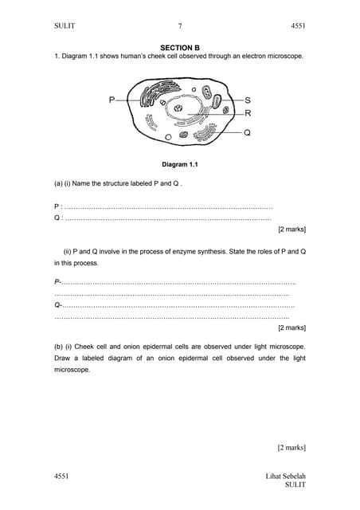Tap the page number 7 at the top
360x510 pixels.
[x=180, y=26]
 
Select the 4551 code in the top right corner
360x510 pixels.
[x=298, y=26]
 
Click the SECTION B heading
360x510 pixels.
[x=180, y=48]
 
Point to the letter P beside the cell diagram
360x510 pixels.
[x=112, y=100]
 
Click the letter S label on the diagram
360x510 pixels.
[x=248, y=100]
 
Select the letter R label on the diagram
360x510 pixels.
[x=248, y=113]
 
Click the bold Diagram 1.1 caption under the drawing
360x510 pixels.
[x=179, y=165]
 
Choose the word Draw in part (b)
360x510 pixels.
[x=63, y=359]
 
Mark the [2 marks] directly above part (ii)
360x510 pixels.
[x=292, y=229]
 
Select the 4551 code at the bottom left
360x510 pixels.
[x=61, y=476]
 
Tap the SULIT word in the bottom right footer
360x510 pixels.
[x=295, y=484]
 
